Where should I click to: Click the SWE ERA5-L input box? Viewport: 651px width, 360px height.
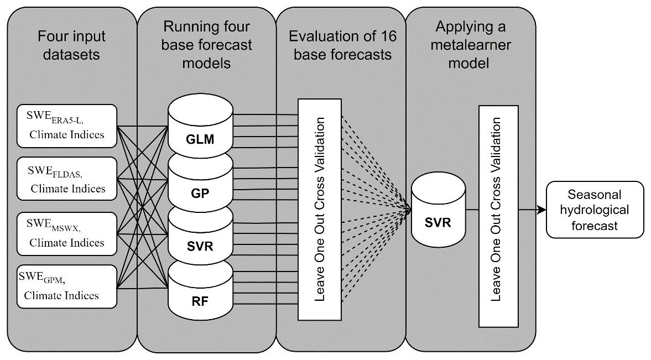67,126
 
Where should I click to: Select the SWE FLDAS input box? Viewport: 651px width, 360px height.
67,179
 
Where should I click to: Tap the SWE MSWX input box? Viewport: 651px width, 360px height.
67,233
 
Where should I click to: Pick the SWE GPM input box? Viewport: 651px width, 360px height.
67,286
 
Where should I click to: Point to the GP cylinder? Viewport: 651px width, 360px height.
200,188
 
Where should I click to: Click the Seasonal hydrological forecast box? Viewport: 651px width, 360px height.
595,210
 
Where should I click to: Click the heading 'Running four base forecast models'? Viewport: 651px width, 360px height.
206,45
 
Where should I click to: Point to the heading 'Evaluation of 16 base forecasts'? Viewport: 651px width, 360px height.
340,46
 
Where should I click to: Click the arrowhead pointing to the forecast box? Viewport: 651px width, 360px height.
540,210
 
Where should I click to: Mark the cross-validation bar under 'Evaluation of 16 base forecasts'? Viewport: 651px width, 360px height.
320,209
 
